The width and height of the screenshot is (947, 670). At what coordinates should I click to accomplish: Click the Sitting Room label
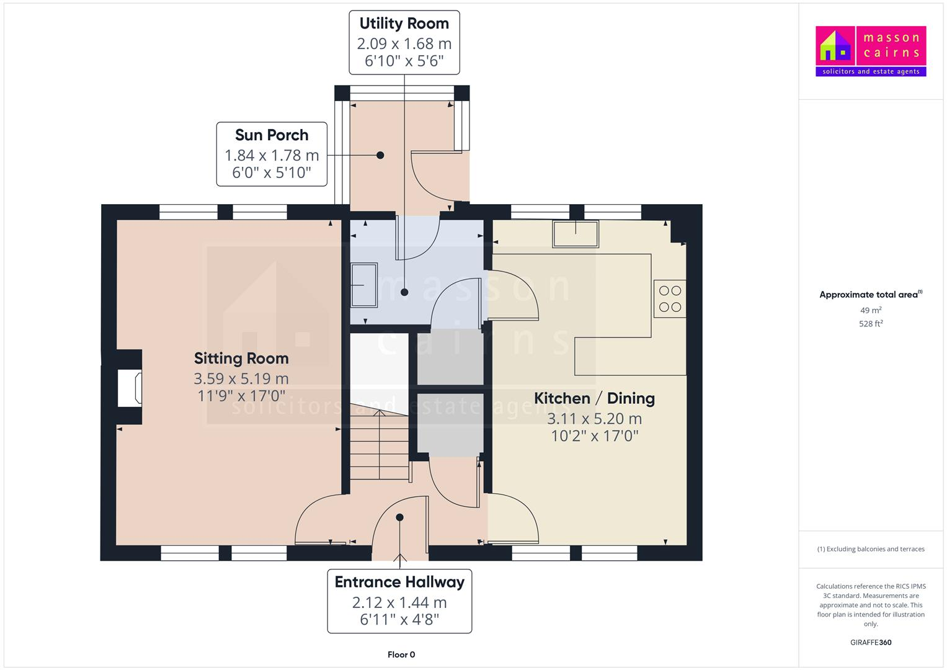(241, 358)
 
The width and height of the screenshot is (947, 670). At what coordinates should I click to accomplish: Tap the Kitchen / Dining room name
(594, 398)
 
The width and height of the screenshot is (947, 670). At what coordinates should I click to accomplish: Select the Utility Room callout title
(404, 24)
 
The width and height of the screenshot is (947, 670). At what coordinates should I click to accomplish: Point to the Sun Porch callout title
(272, 135)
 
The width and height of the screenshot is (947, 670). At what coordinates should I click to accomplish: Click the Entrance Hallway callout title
(399, 582)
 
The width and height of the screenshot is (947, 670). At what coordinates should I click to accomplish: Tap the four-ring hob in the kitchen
(670, 298)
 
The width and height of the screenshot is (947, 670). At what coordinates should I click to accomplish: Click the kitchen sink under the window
(576, 234)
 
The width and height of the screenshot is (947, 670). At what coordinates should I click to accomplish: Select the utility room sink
(364, 285)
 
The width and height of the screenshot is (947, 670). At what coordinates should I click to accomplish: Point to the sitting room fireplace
(130, 388)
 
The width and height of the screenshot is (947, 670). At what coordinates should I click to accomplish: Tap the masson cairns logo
(871, 51)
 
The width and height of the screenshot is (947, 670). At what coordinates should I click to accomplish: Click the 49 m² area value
(871, 310)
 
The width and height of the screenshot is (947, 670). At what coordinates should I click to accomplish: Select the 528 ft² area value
(871, 324)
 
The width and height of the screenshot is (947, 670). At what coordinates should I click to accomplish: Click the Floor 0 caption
(401, 654)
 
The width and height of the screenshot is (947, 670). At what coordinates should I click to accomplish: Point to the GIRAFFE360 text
(871, 642)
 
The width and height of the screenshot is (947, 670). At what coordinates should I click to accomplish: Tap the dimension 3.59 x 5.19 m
(241, 378)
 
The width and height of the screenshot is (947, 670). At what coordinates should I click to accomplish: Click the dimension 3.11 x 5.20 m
(594, 419)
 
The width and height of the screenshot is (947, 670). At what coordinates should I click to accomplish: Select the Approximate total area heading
(869, 295)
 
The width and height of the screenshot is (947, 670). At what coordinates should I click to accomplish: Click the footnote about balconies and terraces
(871, 549)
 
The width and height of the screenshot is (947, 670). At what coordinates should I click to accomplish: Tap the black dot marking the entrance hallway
(400, 517)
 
